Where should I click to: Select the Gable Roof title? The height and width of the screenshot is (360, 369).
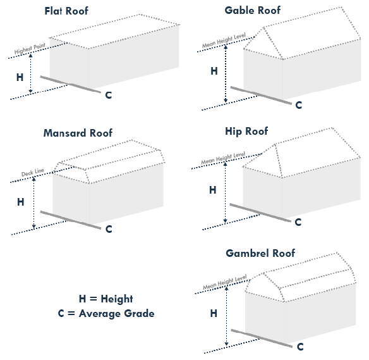[253, 11]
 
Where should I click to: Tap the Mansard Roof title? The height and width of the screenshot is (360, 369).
[78, 133]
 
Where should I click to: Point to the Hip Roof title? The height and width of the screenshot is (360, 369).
[246, 132]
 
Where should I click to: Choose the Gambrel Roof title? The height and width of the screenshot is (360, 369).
[260, 254]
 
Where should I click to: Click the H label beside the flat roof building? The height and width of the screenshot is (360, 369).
[20, 77]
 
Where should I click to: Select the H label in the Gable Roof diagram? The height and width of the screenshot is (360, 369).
[214, 71]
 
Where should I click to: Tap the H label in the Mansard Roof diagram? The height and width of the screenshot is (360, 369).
[20, 202]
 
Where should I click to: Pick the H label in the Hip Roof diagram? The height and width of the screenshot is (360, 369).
[212, 190]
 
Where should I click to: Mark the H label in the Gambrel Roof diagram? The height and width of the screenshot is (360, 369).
[214, 313]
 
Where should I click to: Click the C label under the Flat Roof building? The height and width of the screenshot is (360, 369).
[109, 95]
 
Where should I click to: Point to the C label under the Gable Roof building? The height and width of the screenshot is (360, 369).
[299, 104]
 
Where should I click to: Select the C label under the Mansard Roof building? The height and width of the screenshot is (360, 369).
[109, 229]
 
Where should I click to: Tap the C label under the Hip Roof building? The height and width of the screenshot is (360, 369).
[298, 223]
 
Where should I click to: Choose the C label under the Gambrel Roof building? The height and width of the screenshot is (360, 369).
[300, 347]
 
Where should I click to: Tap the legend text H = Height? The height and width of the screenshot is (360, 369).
[106, 299]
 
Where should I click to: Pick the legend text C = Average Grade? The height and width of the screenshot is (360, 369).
[106, 314]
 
